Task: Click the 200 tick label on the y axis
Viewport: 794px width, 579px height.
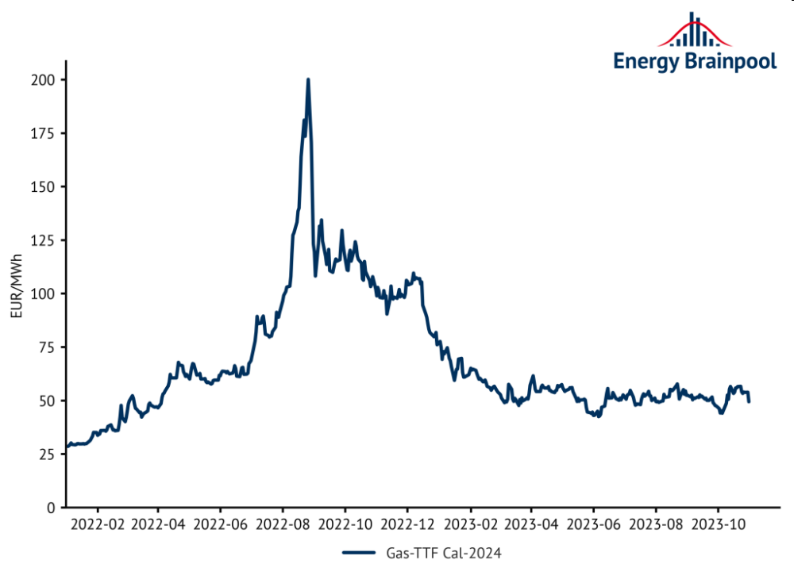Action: [x=44, y=80]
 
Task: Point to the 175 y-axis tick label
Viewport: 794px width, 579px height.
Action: [x=44, y=133]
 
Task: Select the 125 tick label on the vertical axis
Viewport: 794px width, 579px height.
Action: [x=44, y=240]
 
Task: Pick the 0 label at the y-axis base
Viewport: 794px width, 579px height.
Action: [x=52, y=507]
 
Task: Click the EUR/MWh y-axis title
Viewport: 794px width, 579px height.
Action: [x=16, y=293]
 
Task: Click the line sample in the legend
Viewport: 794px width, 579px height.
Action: [x=360, y=553]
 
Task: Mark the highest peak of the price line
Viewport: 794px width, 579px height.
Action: [x=307, y=79]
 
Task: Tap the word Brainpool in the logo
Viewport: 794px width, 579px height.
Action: [x=728, y=61]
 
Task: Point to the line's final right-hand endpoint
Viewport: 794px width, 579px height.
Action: [x=749, y=401]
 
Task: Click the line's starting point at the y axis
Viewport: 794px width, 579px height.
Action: [x=67, y=447]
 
